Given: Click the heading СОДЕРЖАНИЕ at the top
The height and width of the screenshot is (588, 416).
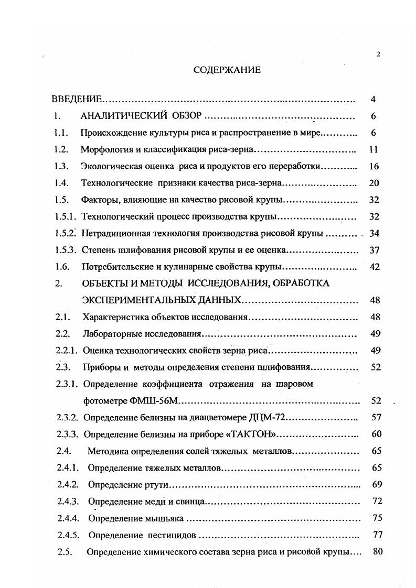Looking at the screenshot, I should (227, 70).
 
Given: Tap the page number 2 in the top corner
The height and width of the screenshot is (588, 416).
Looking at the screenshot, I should (378, 54).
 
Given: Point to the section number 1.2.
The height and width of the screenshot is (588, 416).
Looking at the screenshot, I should (61, 149).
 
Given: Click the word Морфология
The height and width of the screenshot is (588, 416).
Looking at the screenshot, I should (106, 149).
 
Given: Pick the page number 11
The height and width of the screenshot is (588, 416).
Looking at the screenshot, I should (374, 149).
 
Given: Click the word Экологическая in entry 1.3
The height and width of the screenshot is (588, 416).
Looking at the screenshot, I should (110, 166).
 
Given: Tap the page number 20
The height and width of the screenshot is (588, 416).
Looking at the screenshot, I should (374, 183).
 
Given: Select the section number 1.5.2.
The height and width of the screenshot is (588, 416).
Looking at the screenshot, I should (66, 233).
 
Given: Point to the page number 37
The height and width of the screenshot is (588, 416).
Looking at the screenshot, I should (375, 250).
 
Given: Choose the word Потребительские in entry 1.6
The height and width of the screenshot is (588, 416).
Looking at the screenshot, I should (116, 267).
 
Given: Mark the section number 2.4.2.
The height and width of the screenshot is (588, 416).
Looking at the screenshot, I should (68, 484).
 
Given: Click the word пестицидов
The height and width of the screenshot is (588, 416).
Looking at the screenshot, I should (172, 535).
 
